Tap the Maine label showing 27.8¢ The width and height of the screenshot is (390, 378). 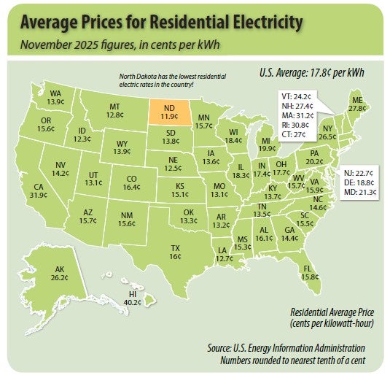click(x=357, y=103)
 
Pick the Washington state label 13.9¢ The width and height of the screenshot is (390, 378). click(x=55, y=98)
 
